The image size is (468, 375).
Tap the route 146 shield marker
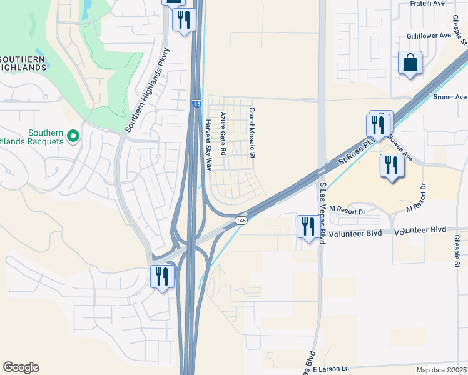242,221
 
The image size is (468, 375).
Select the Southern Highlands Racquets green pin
73,135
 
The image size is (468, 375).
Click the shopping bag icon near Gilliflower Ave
410,63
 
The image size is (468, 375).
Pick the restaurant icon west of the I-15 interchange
162,276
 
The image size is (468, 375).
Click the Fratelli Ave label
427,3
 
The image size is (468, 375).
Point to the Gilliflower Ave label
429,36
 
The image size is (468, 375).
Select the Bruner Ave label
450,97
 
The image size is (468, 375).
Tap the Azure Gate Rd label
222,134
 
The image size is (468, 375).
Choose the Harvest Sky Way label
208,145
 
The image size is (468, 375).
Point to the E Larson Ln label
330,370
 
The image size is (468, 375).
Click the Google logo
21,367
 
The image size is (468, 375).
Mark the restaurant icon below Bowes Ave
391,166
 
